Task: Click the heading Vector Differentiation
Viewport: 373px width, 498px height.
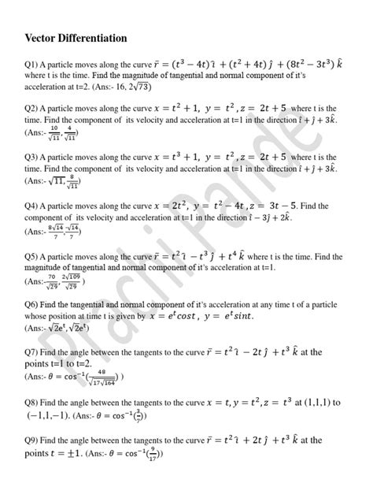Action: pyautogui.click(x=76, y=38)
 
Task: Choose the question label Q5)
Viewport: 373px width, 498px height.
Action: pyautogui.click(x=34, y=257)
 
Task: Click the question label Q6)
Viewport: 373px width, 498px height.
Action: pyautogui.click(x=34, y=303)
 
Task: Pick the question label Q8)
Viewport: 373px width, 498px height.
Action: pyautogui.click(x=35, y=401)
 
